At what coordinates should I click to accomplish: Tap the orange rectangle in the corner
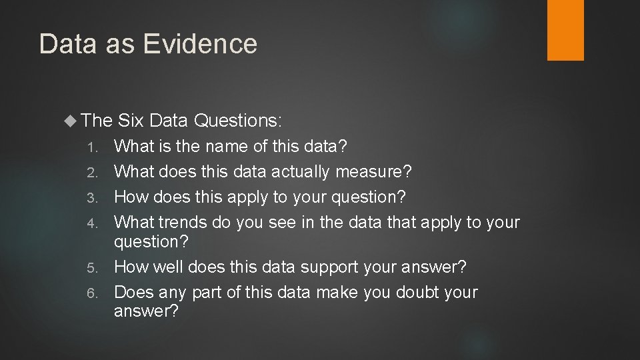tap(565, 30)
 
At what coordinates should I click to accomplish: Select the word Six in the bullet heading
tap(131, 121)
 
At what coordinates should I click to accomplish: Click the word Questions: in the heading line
tap(239, 121)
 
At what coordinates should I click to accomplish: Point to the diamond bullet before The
tap(71, 121)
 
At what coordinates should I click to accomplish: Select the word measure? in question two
tap(375, 172)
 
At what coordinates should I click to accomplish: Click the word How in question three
tap(131, 197)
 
